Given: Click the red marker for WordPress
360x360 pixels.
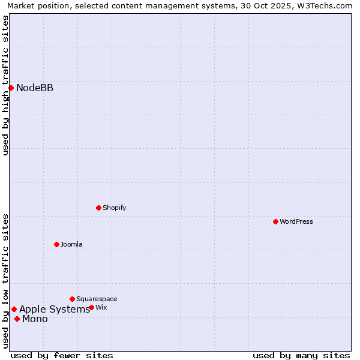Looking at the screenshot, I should (x=275, y=221).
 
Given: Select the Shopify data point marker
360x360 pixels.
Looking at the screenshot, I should (x=98, y=208).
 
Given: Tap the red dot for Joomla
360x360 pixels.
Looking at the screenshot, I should (x=56, y=244).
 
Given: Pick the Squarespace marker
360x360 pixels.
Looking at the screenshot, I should (x=72, y=299).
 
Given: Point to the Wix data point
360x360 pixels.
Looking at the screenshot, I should (x=91, y=307).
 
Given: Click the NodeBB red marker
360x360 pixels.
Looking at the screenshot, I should (x=11, y=88).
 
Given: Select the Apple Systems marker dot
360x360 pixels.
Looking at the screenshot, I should (x=14, y=309).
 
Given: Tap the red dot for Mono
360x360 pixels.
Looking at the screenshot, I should (x=17, y=319).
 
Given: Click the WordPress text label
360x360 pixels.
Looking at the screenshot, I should (x=296, y=221).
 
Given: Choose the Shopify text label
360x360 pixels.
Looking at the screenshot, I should (x=114, y=208).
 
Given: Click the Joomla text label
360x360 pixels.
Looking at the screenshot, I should (x=71, y=244).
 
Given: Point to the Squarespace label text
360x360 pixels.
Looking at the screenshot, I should (x=97, y=299).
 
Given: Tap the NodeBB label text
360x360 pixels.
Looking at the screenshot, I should (x=35, y=88).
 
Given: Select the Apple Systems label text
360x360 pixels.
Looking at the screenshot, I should (x=55, y=310).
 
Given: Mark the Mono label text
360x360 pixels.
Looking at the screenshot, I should (x=35, y=319).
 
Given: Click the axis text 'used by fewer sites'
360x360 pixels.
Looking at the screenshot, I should (x=62, y=355).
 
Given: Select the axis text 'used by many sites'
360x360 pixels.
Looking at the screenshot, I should (x=301, y=355).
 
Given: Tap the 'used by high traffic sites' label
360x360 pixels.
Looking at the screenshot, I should (x=5, y=85).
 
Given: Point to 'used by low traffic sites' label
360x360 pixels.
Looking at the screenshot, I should (x=5, y=281).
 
